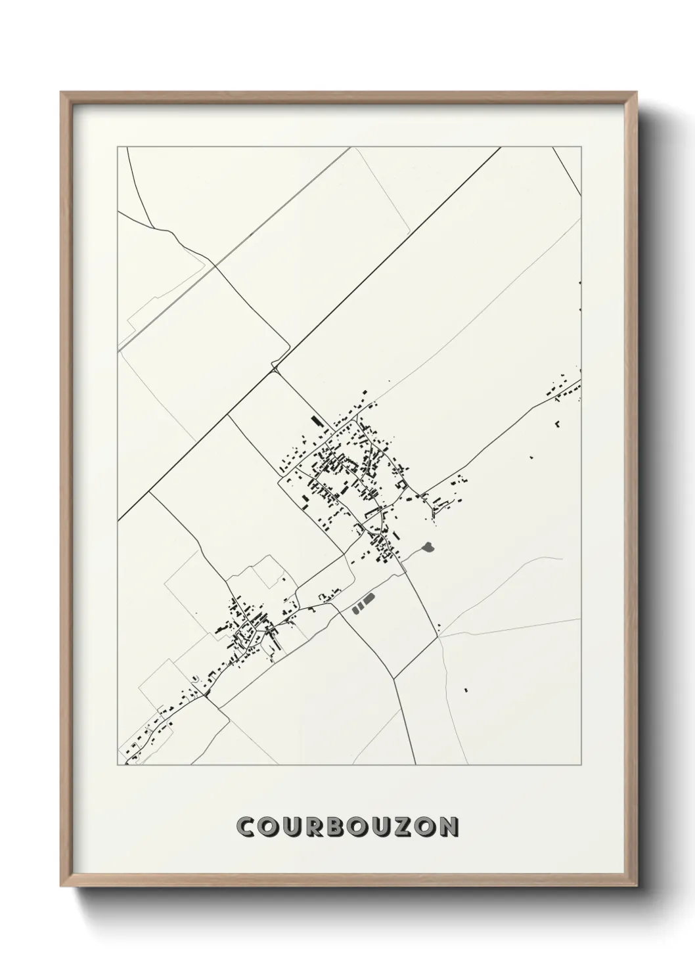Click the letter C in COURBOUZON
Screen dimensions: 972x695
(248, 827)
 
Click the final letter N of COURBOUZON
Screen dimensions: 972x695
(449, 827)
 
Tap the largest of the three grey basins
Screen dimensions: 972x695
(369, 598)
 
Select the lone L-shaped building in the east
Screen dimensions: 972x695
(558, 423)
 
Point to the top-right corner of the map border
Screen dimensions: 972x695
(583, 147)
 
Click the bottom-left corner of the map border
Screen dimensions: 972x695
(118, 765)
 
